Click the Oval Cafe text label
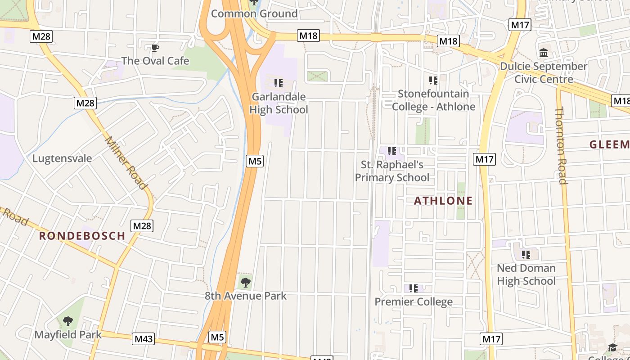(155, 61)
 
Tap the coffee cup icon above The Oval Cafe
(155, 48)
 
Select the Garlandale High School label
(279, 103)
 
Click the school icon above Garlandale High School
(279, 83)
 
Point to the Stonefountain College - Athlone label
(433, 100)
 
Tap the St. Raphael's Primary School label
(392, 171)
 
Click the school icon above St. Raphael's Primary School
(392, 152)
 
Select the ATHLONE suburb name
(443, 201)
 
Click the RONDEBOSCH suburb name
(82, 235)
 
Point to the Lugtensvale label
(62, 158)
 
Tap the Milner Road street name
(126, 162)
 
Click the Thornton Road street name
(561, 145)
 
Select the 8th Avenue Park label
(246, 296)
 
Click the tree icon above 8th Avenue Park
(246, 283)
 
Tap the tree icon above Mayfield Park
(68, 321)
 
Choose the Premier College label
(414, 301)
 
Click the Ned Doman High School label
(526, 274)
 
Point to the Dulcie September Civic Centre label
(544, 73)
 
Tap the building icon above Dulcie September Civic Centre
(544, 53)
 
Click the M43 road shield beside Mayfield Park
(143, 339)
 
